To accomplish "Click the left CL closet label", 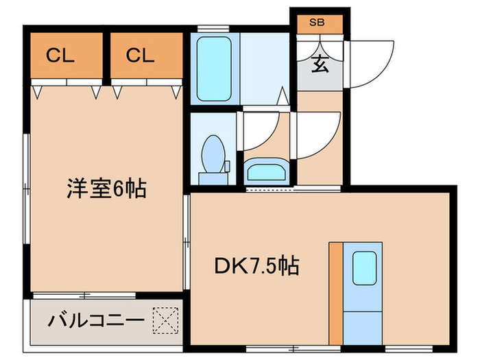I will click(x=60, y=56).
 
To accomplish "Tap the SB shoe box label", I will click(x=317, y=23).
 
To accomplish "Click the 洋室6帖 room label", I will click(x=106, y=188).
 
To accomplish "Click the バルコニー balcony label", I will click(x=96, y=320).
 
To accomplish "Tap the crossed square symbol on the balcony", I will click(x=165, y=320).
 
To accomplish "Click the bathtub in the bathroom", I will click(x=214, y=67).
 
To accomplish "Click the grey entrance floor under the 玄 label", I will click(x=319, y=80).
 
